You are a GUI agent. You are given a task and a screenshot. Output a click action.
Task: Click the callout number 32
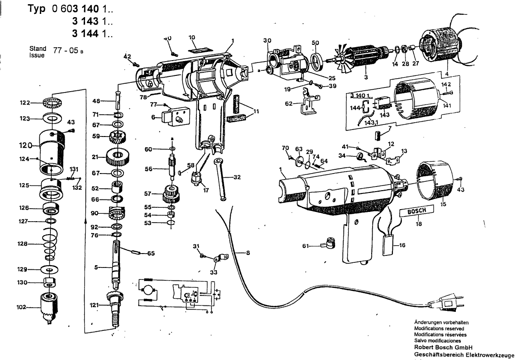tap(236, 177)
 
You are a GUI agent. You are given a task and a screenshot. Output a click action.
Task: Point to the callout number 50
tap(316, 43)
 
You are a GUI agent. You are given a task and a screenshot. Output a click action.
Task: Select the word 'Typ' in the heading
tap(35, 9)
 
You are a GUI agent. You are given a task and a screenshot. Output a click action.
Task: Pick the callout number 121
tap(94, 305)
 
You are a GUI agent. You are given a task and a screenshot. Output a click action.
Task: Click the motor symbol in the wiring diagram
tap(148, 290)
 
